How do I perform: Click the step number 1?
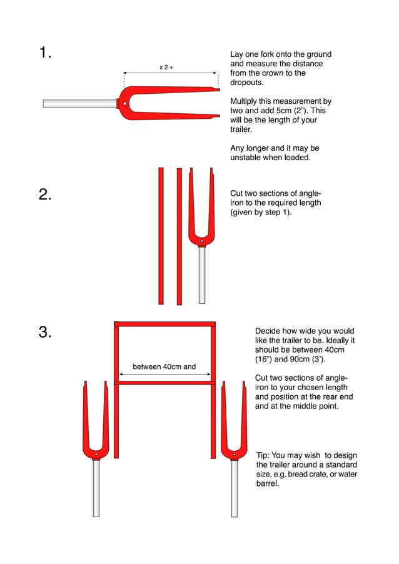44,53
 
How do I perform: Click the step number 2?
44,194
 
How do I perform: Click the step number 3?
44,332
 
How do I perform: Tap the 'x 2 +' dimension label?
166,66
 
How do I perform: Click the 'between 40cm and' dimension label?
164,367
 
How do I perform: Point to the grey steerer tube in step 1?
79,103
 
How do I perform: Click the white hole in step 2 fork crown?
201,240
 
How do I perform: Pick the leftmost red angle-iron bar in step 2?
161,236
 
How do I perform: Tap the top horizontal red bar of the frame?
165,324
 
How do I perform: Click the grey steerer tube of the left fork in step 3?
96,487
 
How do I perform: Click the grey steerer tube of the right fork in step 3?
234,487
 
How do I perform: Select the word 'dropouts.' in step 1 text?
247,83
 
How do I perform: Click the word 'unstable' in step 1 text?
247,158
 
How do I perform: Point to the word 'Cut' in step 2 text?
238,194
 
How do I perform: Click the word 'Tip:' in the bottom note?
264,455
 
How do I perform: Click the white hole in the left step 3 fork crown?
96,453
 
